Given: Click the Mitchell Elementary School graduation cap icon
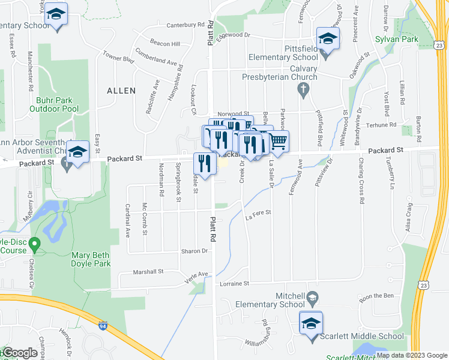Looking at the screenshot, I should coord(312,297).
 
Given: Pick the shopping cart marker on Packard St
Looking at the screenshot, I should coord(277,143).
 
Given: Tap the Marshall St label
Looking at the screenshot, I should coord(148,272).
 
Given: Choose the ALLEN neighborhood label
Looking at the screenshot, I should coord(121,91).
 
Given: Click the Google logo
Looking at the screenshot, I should coord(20,353).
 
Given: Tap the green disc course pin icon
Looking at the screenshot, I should coord(34,244).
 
